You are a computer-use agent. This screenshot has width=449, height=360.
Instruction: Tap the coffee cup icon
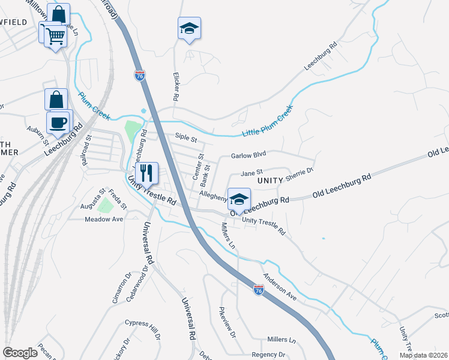click(x=58, y=122)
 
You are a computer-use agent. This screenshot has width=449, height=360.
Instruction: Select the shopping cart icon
click(x=55, y=35)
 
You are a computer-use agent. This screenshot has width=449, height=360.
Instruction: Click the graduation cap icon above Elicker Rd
click(x=189, y=28)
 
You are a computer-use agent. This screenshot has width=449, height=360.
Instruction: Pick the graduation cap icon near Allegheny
click(x=239, y=199)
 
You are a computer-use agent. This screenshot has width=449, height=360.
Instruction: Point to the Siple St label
click(x=186, y=138)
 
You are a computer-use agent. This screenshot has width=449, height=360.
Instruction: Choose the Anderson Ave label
click(x=280, y=288)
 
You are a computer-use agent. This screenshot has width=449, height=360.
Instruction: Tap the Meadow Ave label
click(x=104, y=219)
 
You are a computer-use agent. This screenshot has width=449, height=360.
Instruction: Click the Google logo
click(x=20, y=353)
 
